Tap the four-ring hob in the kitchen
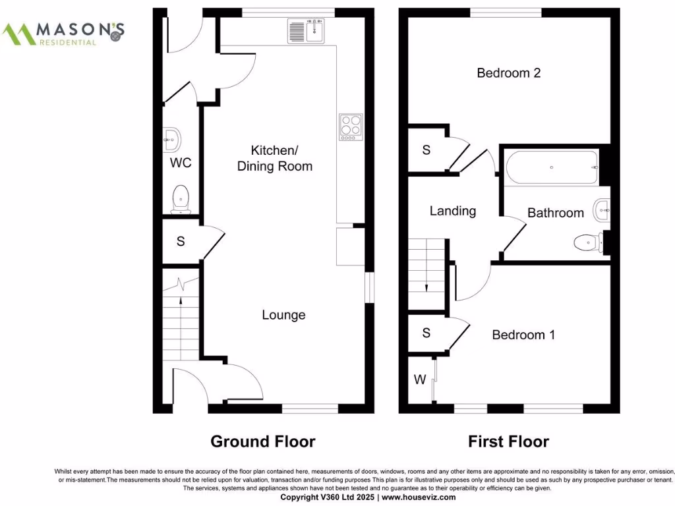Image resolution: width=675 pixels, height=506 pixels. (350, 127)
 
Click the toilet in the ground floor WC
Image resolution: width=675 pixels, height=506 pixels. (180, 198)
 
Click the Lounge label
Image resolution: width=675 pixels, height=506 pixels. (283, 315)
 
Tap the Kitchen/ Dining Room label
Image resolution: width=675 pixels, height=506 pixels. (274, 158)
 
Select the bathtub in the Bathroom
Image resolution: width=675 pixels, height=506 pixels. (552, 167)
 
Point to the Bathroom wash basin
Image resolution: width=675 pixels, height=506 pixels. (602, 211)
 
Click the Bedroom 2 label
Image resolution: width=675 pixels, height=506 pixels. (509, 73)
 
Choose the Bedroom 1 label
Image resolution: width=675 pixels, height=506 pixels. (523, 335)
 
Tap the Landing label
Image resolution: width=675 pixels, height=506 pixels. (452, 211)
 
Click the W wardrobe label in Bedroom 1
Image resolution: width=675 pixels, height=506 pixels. (419, 379)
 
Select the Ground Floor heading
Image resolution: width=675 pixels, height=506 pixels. (262, 441)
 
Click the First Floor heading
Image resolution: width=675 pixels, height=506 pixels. (508, 441)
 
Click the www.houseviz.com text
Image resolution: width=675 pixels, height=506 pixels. (419, 497)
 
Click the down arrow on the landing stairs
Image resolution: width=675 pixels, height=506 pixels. (426, 286)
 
